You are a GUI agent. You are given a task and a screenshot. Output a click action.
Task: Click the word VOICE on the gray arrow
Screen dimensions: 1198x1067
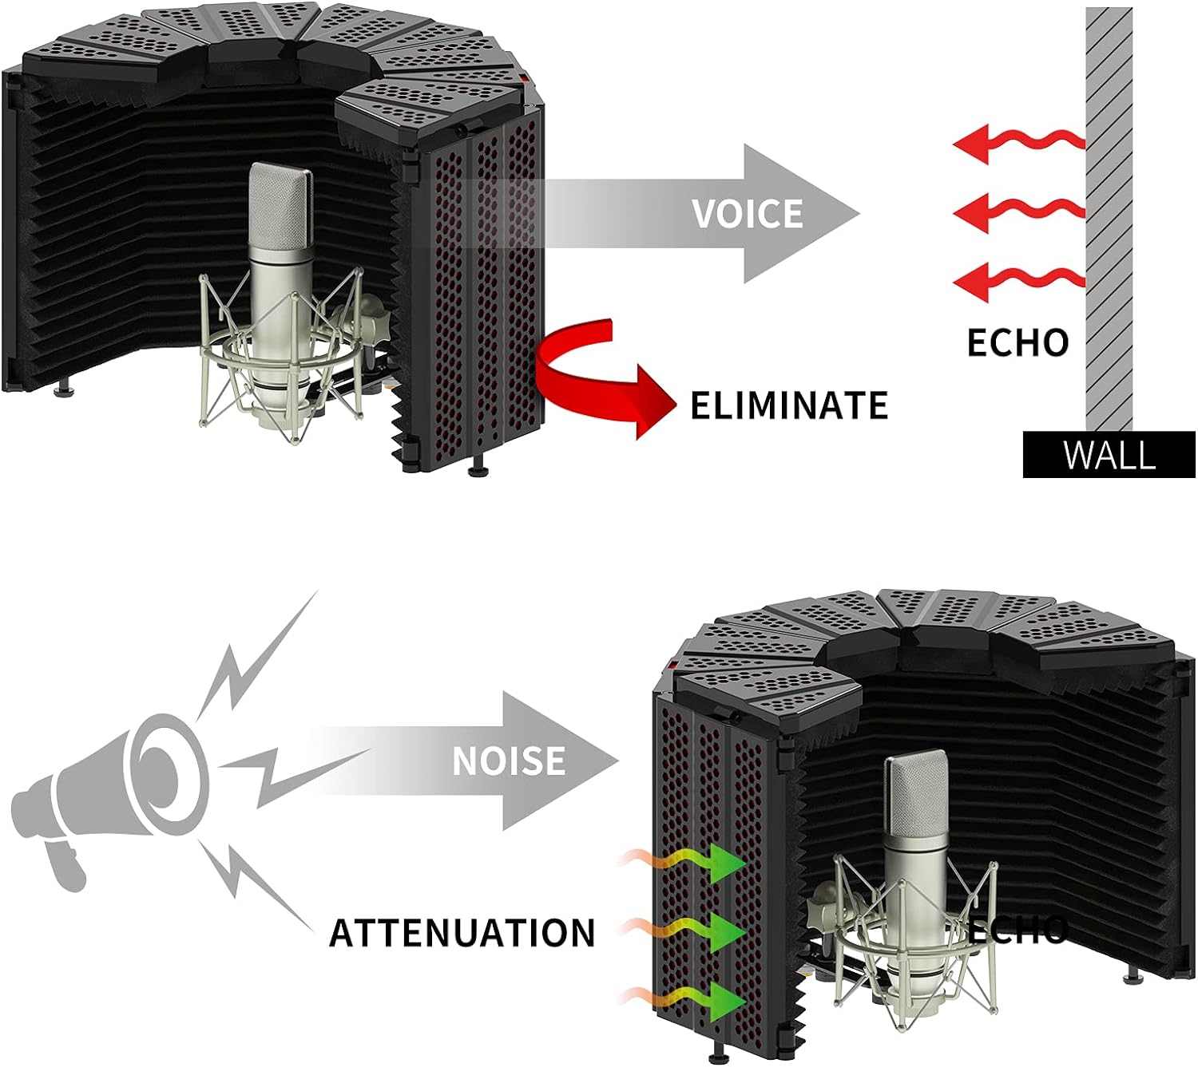748,214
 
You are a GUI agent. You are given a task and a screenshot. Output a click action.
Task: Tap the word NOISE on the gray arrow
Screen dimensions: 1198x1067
509,761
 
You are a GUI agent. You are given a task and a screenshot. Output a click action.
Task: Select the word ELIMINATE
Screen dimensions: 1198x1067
789,405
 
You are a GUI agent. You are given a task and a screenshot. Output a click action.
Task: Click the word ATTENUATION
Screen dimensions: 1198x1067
462,933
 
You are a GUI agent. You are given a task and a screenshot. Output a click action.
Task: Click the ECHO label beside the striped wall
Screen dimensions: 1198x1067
1018,342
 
